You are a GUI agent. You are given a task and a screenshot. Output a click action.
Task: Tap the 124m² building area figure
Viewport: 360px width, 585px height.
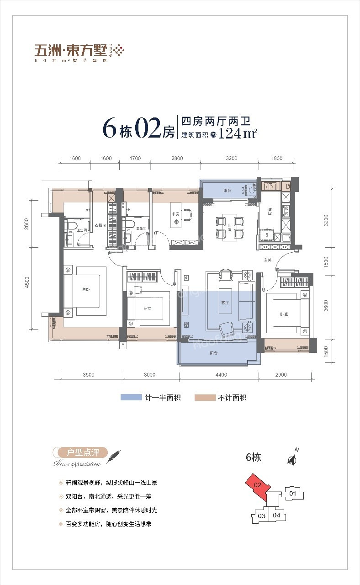point(238,134)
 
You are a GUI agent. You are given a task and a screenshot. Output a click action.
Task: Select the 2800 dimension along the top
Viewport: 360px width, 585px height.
point(177,159)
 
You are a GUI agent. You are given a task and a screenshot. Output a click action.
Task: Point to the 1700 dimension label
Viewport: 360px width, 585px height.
point(135,159)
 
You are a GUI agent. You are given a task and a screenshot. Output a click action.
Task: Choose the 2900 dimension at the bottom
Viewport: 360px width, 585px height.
point(281,375)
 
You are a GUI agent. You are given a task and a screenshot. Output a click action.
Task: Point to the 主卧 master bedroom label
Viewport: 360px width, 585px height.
point(85,289)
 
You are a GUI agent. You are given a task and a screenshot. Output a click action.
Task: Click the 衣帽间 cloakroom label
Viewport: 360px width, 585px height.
point(101,226)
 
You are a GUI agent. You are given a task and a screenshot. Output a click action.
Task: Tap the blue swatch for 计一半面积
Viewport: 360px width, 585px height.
point(131,398)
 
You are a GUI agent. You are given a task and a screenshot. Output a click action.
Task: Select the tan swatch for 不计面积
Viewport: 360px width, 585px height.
point(205,398)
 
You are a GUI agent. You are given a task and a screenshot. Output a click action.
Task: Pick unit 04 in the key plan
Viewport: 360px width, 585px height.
point(276,515)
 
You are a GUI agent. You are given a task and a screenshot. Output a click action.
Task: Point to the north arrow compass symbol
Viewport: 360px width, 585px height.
point(291,459)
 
